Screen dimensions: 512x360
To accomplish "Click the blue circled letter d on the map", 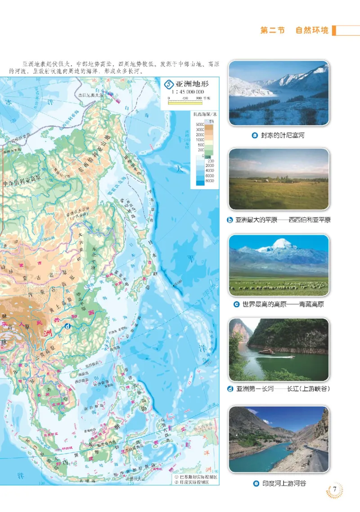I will click(x=67, y=327).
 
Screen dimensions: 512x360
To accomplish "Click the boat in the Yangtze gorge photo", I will click(x=266, y=352).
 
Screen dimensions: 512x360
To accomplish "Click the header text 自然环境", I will click(x=312, y=31).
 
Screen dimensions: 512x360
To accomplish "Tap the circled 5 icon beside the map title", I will click(x=169, y=84).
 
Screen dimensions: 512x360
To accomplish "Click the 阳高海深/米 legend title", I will click(x=205, y=116).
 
